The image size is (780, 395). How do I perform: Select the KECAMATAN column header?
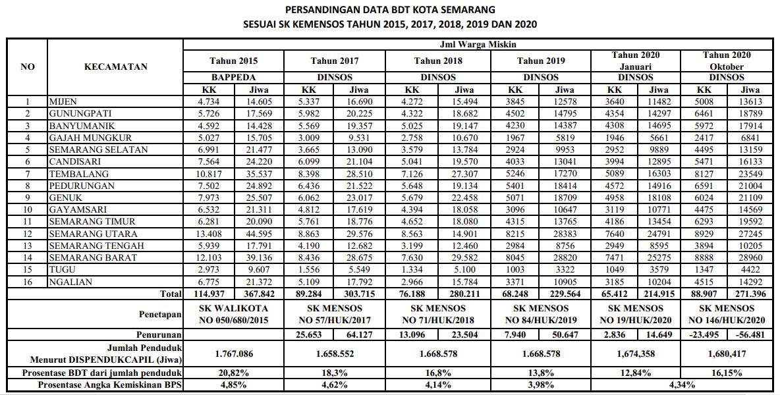tap(116, 66)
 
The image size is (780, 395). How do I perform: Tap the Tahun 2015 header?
tap(233, 61)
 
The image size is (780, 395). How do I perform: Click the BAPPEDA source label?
tap(233, 78)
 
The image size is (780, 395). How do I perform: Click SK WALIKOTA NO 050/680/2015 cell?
tap(233, 313)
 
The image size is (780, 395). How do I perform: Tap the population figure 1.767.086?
tap(233, 354)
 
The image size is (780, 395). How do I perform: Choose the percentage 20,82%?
tap(233, 373)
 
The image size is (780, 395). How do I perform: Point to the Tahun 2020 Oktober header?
tap(727, 61)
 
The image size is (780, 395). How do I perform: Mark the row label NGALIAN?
tap(70, 282)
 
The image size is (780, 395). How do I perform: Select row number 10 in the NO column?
tap(28, 210)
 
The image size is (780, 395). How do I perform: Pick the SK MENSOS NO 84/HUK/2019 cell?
tap(541, 313)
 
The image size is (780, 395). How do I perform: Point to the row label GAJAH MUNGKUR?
tap(90, 138)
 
